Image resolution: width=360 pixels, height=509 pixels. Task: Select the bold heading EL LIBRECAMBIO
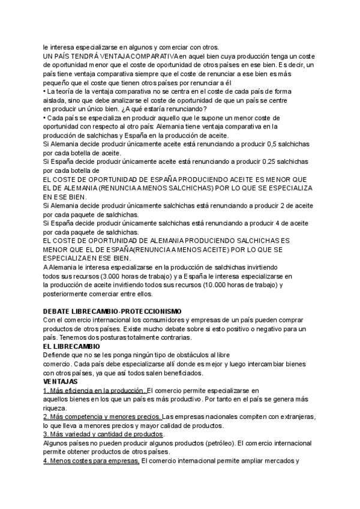(73, 346)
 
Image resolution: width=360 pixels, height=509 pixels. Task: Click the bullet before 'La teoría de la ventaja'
(44, 91)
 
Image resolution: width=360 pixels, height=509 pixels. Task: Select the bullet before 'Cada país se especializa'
(44, 117)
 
